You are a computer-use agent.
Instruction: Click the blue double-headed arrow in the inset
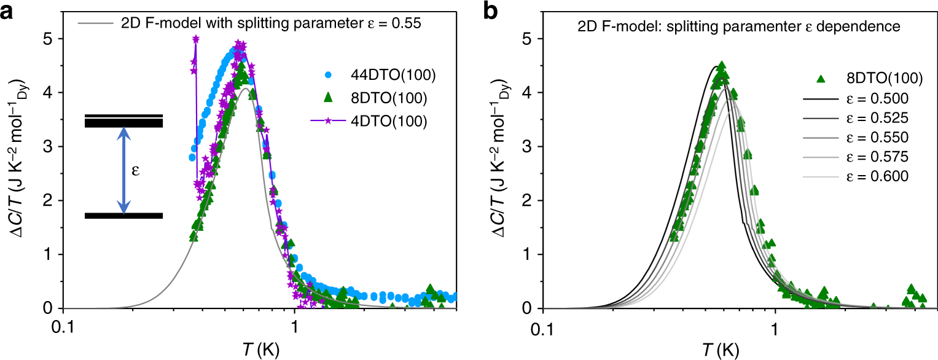(124, 170)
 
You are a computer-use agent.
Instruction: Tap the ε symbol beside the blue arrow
(136, 171)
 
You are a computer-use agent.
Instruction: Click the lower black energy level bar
(123, 216)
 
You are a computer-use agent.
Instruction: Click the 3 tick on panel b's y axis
(533, 147)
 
